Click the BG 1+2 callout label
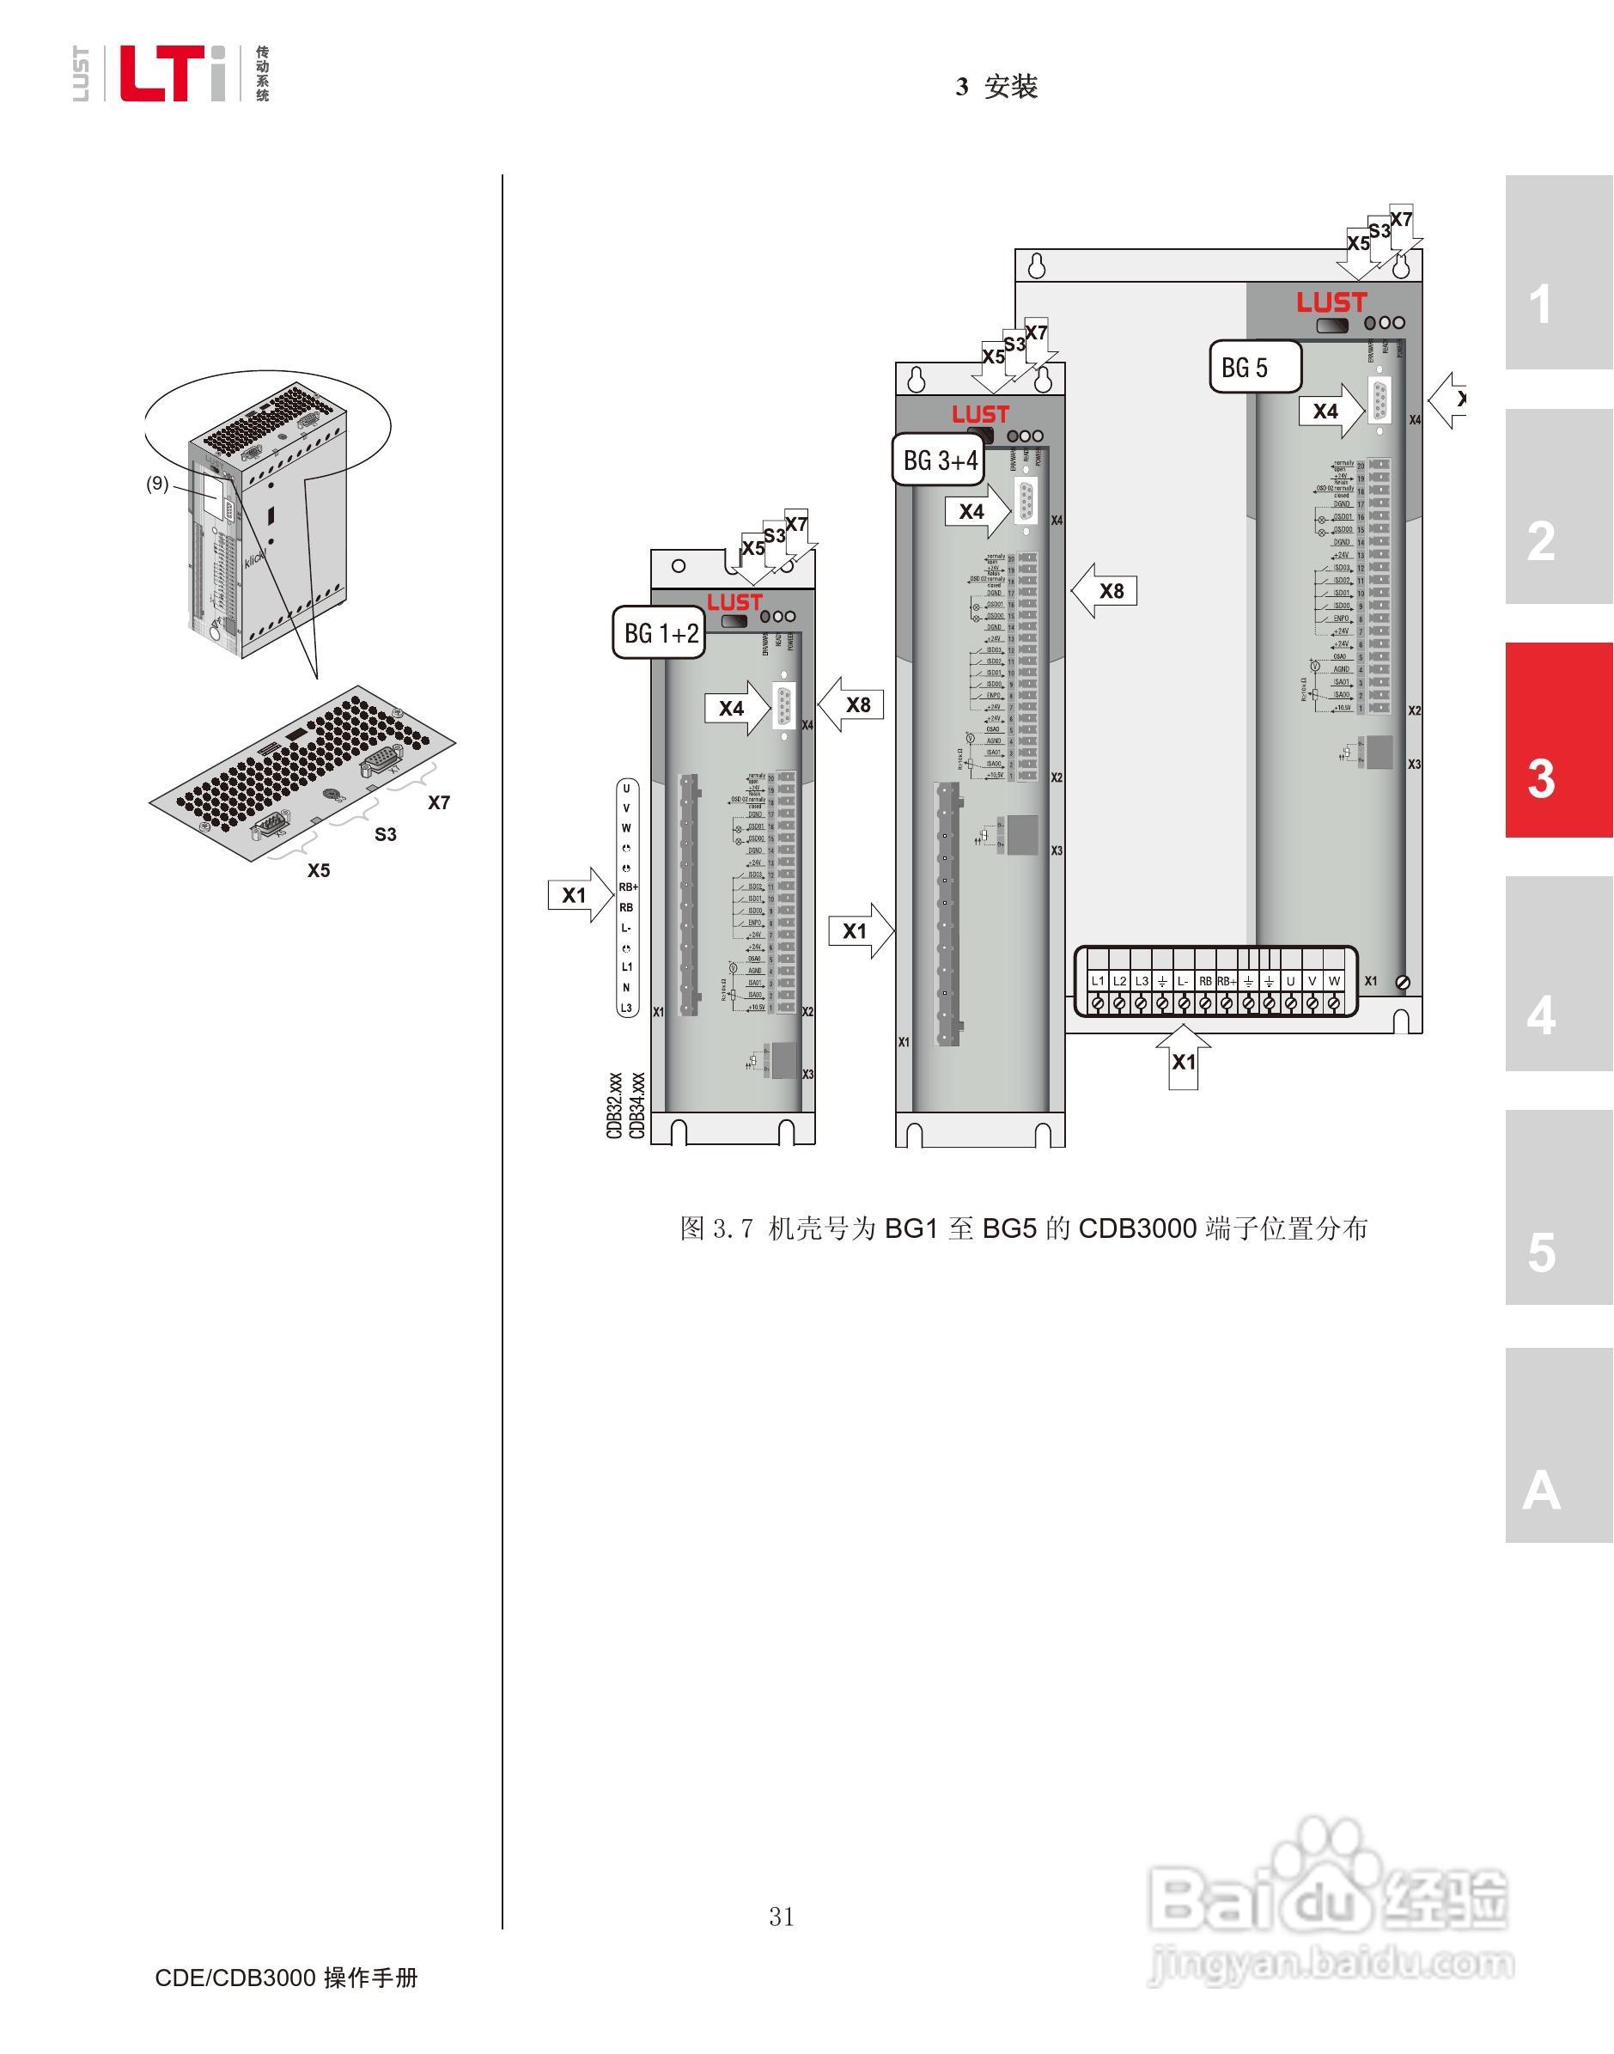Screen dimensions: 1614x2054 tap(660, 632)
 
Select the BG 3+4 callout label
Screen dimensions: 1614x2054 tap(940, 460)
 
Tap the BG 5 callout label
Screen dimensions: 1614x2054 tap(1254, 367)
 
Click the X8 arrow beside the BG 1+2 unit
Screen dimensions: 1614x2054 tap(852, 704)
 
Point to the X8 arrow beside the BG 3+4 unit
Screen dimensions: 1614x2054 tap(1105, 591)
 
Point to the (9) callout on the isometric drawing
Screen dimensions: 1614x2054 tap(157, 484)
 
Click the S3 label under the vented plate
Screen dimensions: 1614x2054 tap(386, 834)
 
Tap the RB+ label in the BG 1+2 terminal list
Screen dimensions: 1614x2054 tap(627, 887)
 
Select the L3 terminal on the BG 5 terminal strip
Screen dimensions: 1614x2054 tap(1142, 982)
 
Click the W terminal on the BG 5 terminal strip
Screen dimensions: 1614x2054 tap(1333, 982)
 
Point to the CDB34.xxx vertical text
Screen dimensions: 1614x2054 tap(636, 1106)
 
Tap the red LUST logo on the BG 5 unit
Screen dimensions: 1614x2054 tap(1331, 302)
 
